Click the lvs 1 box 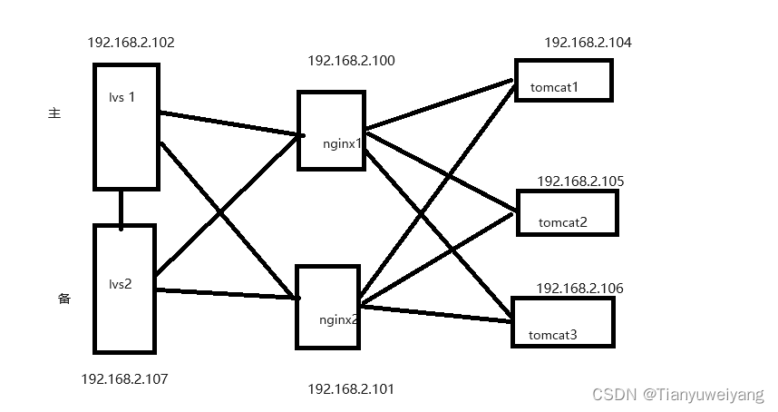click(126, 126)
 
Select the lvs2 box click(124, 289)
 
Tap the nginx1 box click(331, 130)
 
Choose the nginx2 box click(327, 307)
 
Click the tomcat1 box click(563, 80)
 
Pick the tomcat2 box click(567, 212)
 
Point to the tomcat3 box click(562, 321)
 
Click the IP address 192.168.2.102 click(131, 43)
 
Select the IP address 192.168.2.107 click(124, 378)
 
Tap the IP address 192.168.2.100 click(351, 61)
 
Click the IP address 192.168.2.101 click(351, 388)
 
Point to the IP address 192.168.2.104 click(588, 43)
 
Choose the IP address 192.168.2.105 click(580, 181)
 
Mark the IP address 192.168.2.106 click(579, 288)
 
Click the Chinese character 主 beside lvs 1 click(53, 113)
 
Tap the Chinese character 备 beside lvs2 click(64, 299)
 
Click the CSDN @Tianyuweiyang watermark click(677, 395)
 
